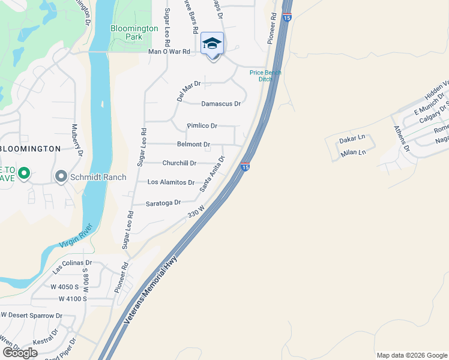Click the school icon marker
coord(212,44)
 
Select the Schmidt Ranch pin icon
coord(61,176)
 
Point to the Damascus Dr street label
coord(221,104)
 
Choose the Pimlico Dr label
coord(202,126)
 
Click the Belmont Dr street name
coord(193,145)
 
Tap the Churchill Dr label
coord(179,163)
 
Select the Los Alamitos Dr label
coord(171,182)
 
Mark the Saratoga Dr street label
coord(163,203)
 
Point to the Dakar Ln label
coord(352,139)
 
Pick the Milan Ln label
coord(353,152)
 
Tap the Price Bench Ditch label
coord(265,76)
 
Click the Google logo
coord(20,353)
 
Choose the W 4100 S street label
coord(73,299)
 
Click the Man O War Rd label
coord(169,52)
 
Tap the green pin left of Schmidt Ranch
coord(23,174)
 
